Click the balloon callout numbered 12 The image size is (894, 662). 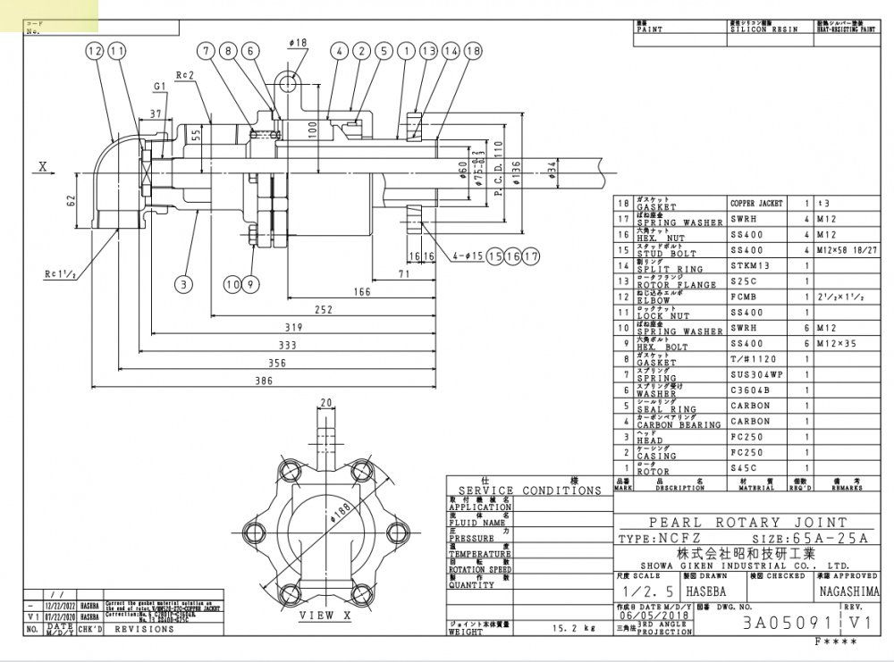[x=96, y=52]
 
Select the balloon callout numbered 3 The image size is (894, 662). [x=183, y=285]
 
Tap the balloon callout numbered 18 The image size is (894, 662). [x=473, y=52]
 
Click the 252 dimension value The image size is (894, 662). [x=324, y=310]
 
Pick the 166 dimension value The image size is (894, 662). [x=361, y=291]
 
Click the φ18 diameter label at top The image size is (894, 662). [x=298, y=42]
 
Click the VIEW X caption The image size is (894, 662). [x=316, y=616]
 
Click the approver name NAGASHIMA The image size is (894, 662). [x=848, y=591]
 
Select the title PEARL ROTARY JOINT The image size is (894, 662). [x=747, y=523]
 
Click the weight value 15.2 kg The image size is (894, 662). [x=573, y=628]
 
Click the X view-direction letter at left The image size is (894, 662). [x=42, y=166]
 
